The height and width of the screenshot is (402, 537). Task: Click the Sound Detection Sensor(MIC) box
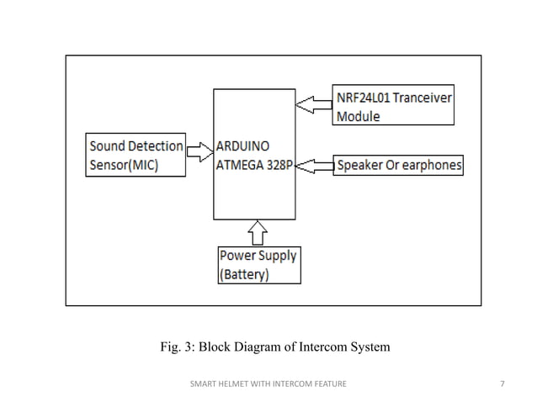[x=136, y=155]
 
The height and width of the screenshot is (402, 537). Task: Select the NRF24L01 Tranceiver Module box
[x=393, y=107]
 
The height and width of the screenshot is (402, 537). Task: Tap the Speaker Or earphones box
[x=398, y=166]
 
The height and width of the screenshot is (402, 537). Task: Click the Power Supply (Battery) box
[x=258, y=264]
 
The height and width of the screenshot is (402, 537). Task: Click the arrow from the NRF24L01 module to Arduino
[x=316, y=104]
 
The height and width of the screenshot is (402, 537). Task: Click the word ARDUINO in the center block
[x=243, y=146]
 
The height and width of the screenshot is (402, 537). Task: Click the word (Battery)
[x=244, y=274]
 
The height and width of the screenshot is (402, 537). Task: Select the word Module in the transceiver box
[x=358, y=116]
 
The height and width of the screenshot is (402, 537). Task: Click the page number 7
[x=502, y=384]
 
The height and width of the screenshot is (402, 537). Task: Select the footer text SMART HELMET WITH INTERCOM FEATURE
[x=268, y=384]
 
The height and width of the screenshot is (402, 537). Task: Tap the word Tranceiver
[x=426, y=98]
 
